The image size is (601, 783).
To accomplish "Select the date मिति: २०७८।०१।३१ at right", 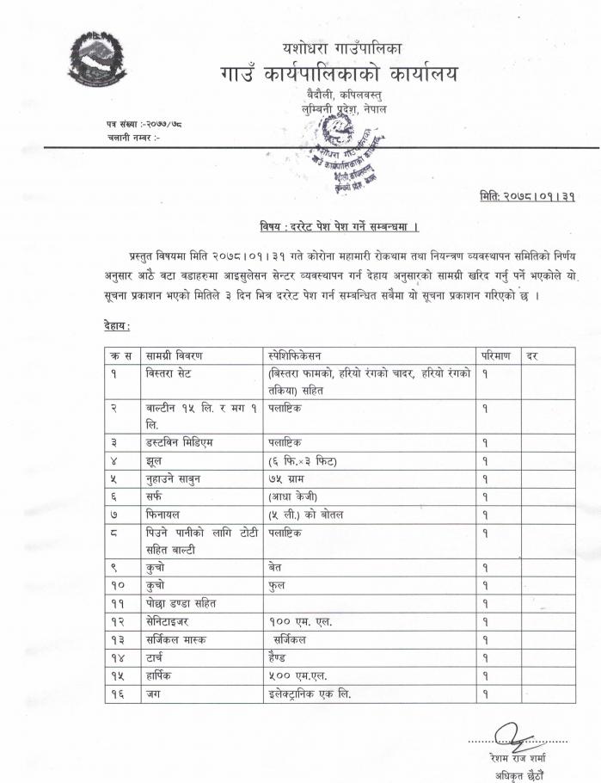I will pyautogui.click(x=526, y=197).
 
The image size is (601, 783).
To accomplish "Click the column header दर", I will pyautogui.click(x=533, y=355).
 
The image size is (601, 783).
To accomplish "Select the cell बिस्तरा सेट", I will pyautogui.click(x=172, y=373).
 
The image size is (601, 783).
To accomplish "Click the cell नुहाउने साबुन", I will pyautogui.click(x=177, y=478).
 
